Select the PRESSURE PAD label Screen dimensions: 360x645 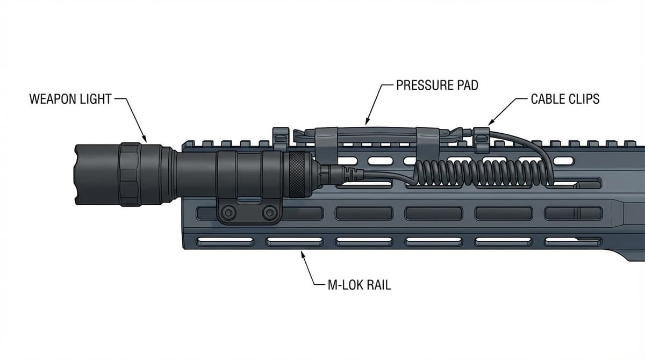click(x=436, y=85)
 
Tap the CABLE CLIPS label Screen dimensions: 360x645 click(x=565, y=99)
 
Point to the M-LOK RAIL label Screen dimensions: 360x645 click(x=359, y=285)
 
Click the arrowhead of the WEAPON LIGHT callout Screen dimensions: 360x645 click(x=145, y=141)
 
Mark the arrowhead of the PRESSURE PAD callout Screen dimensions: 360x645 click(x=367, y=123)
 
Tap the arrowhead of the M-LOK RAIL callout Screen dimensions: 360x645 click(x=303, y=253)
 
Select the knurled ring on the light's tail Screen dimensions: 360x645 click(x=295, y=174)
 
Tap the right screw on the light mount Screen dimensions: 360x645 click(x=269, y=213)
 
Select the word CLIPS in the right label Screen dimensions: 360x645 click(x=583, y=99)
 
